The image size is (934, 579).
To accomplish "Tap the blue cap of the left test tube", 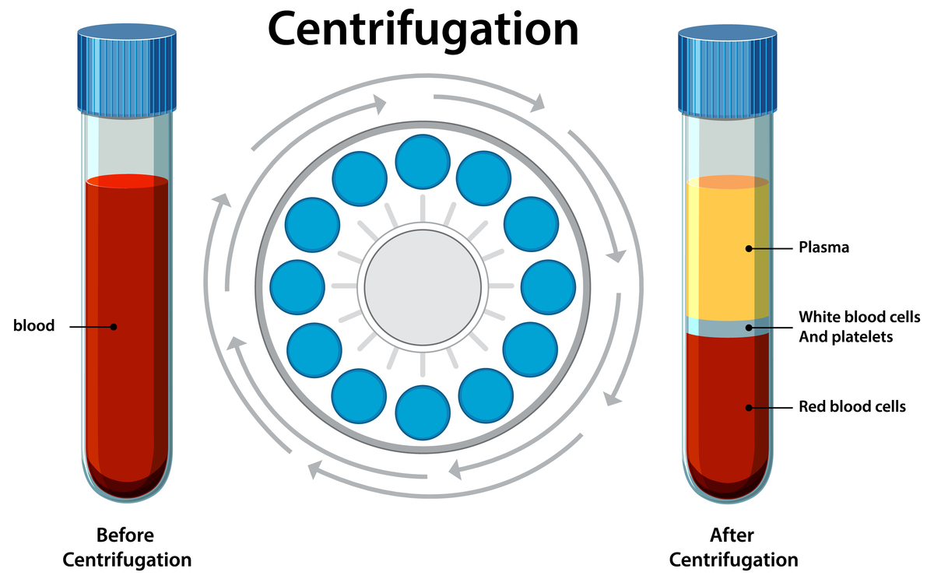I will pos(127,68).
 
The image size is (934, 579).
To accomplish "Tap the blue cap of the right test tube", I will pos(728,68).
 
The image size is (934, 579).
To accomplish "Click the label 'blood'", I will pos(34,326).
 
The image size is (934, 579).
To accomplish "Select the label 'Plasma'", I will pos(823,248).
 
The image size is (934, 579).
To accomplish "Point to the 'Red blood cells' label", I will pos(852,406).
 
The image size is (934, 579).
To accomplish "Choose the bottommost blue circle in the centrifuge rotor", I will pos(423,411).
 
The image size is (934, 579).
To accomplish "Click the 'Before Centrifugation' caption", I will pos(126,548).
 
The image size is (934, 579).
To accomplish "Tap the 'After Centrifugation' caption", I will pos(733,548).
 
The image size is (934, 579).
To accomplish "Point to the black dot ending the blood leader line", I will pos(114,327).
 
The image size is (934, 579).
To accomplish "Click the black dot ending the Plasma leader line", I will pos(749,249).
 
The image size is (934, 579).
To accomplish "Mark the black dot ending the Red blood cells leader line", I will pos(749,407).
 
